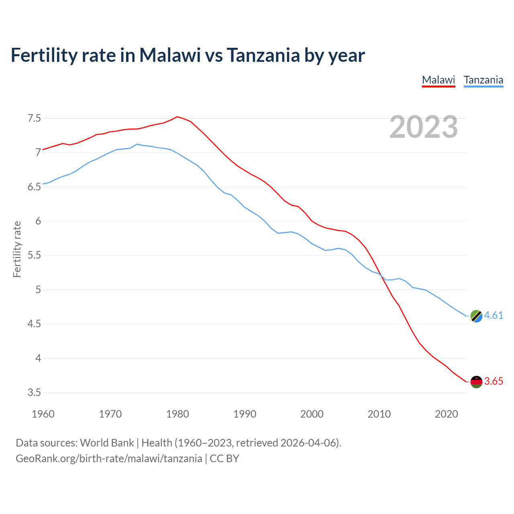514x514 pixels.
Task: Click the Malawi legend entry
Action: click(x=439, y=80)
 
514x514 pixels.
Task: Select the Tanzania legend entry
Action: click(x=483, y=80)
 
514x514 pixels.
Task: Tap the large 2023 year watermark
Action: click(x=424, y=127)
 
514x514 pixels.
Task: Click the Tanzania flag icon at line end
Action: click(x=476, y=316)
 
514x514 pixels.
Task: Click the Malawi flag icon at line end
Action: click(x=476, y=382)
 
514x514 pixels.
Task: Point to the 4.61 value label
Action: click(x=494, y=316)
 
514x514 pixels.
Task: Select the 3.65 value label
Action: click(x=494, y=381)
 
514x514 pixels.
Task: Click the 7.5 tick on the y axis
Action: click(x=34, y=118)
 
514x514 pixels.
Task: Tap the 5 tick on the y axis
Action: click(x=38, y=290)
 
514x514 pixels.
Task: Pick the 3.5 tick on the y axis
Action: click(x=34, y=392)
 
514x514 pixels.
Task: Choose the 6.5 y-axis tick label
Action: click(x=34, y=187)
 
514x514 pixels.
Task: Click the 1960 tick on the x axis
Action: click(x=43, y=414)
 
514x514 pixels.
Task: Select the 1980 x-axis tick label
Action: click(x=177, y=414)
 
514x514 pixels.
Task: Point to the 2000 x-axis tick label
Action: click(x=312, y=414)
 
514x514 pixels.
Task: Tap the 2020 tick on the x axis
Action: click(x=446, y=414)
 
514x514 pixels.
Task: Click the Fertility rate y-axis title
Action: click(x=17, y=249)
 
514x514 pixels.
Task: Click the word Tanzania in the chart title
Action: click(x=263, y=55)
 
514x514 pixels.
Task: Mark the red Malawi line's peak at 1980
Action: click(x=177, y=117)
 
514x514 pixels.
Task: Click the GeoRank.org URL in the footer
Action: click(x=109, y=459)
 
